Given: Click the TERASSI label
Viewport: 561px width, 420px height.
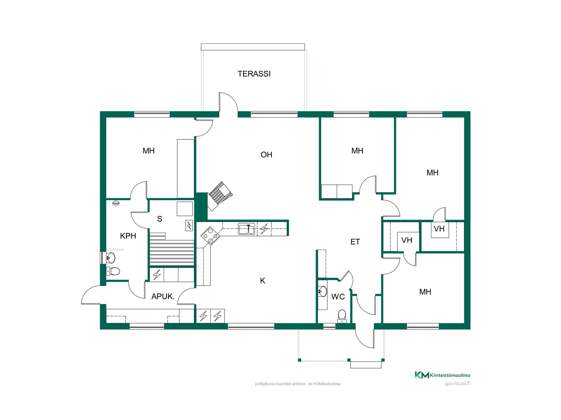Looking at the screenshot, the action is point(254,74).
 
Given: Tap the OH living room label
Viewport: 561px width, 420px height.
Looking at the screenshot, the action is point(266,155).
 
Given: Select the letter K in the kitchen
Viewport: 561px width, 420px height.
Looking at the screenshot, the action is point(263,281).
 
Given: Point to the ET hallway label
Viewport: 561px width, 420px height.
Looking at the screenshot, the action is point(355,242).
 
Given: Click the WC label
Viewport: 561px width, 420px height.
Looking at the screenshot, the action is point(338,297).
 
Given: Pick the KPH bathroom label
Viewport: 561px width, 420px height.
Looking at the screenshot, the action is point(128,236).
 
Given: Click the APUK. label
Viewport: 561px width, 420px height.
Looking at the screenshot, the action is point(163,297).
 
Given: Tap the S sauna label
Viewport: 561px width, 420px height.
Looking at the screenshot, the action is point(160,219).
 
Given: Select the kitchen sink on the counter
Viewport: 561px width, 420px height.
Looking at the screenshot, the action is point(246,229).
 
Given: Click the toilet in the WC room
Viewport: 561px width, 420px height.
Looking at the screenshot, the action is point(342,316).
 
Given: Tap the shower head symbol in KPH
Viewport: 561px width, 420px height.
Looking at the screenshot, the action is point(116,203).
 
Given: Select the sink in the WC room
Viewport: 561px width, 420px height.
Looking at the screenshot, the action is point(322,291).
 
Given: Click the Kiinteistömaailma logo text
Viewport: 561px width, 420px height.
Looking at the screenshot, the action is point(450,375).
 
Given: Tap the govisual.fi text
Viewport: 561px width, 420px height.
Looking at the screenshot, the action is point(457,384).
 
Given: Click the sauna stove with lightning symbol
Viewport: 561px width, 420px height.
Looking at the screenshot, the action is point(189,225).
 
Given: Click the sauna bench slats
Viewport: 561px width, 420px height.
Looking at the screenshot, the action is point(172,249).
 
